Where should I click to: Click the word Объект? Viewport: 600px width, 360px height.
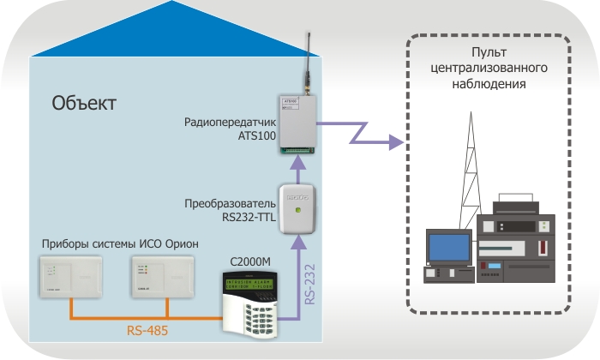(84, 104)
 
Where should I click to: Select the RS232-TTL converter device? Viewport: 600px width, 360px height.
(297, 210)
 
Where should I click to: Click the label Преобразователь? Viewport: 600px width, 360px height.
(231, 204)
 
